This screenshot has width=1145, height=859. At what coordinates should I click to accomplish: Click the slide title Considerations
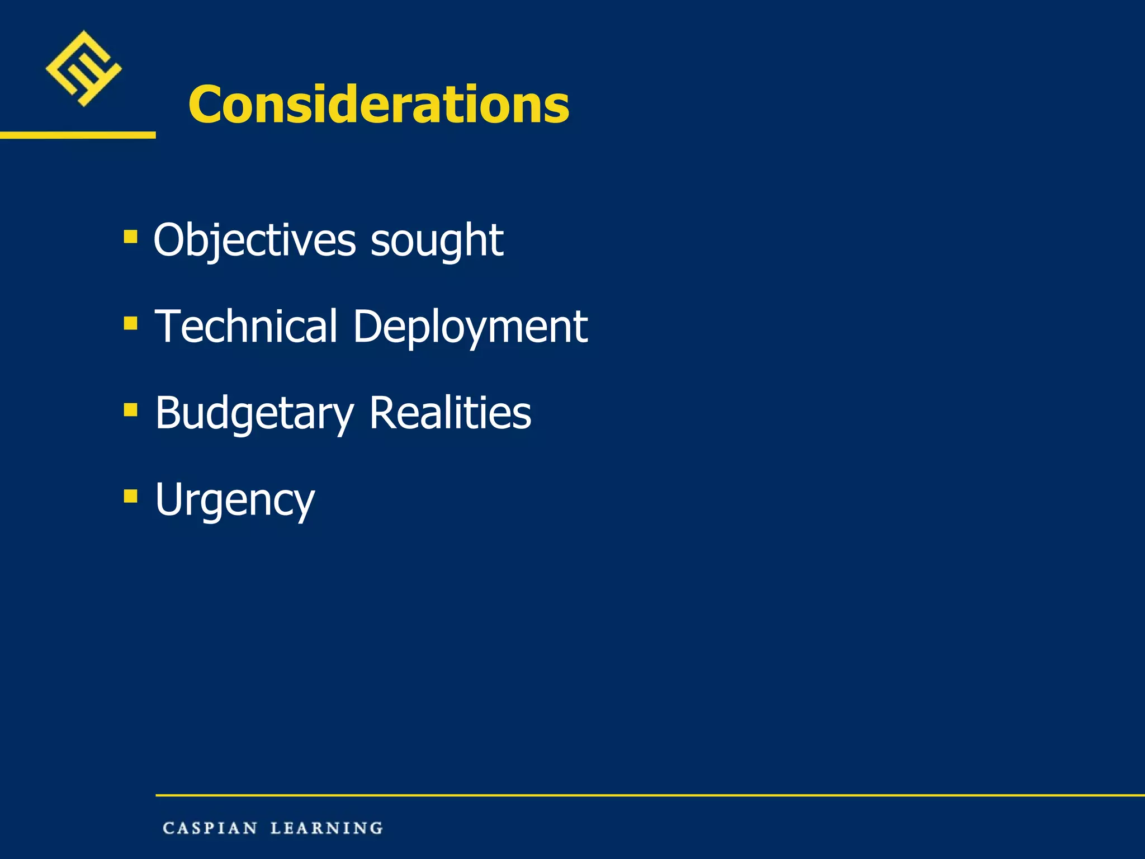pyautogui.click(x=378, y=104)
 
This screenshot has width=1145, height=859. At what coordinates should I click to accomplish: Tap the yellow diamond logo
pyautogui.click(x=84, y=68)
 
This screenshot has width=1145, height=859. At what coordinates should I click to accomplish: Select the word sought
pyautogui.click(x=437, y=240)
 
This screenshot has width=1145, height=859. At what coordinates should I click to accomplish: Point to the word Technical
pyautogui.click(x=246, y=326)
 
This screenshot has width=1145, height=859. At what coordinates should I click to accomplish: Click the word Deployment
pyautogui.click(x=470, y=327)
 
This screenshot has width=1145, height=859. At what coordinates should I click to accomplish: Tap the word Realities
pyautogui.click(x=450, y=413)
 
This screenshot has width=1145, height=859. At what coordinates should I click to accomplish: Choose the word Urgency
pyautogui.click(x=235, y=500)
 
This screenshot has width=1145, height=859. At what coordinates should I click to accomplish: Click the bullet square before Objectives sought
pyautogui.click(x=130, y=237)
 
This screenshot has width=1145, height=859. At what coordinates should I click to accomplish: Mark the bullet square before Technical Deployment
pyautogui.click(x=130, y=323)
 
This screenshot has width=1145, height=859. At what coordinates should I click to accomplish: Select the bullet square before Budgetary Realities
pyautogui.click(x=130, y=410)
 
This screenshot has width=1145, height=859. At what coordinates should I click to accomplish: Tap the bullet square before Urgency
pyautogui.click(x=130, y=496)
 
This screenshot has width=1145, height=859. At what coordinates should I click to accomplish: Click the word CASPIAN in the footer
pyautogui.click(x=210, y=828)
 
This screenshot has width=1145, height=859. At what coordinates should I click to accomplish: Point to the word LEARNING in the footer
pyautogui.click(x=327, y=828)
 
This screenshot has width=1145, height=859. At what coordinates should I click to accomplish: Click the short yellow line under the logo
pyautogui.click(x=78, y=135)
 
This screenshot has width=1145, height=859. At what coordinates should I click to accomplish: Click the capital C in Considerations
pyautogui.click(x=205, y=105)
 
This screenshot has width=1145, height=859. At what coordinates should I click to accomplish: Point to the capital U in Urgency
pyautogui.click(x=171, y=498)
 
